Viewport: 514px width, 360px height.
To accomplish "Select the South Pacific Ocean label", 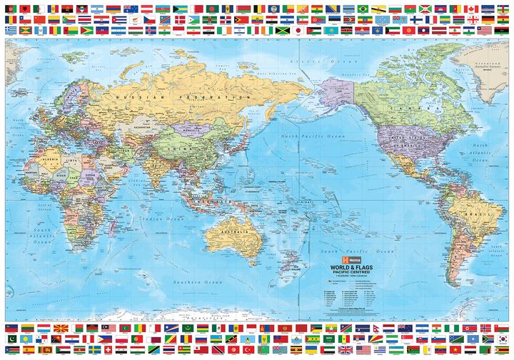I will click(357, 251).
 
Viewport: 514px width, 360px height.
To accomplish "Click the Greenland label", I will click(487, 62).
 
